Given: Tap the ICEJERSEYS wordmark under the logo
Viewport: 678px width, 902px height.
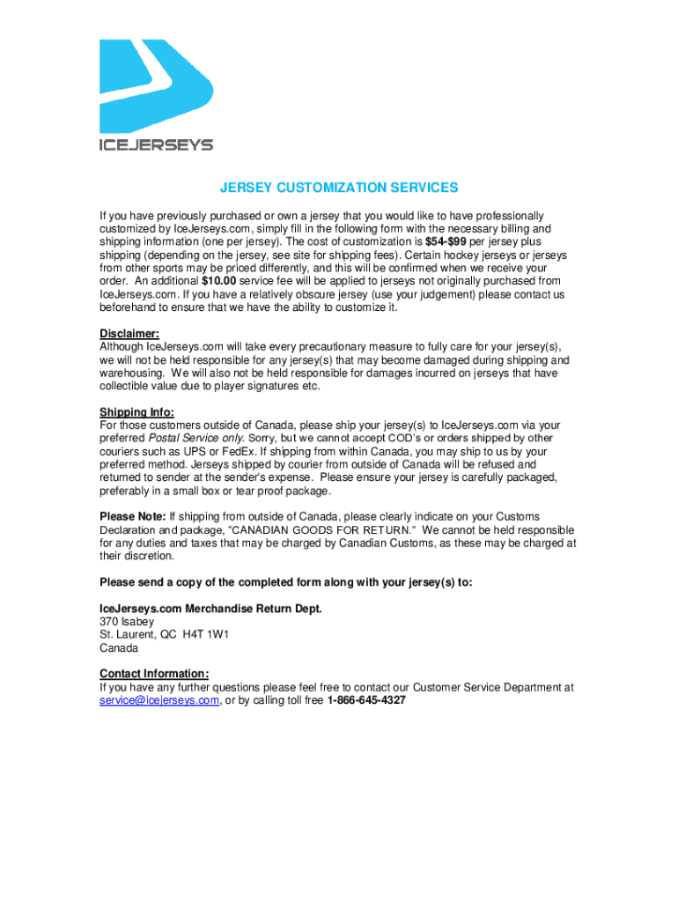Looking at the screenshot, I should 155,144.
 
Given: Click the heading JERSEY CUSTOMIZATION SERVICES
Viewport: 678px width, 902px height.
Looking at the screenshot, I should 339,188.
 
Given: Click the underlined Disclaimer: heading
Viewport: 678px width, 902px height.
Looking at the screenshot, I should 129,333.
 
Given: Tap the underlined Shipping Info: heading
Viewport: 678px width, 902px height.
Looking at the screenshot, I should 136,412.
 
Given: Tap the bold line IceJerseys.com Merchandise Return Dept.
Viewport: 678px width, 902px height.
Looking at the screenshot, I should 211,609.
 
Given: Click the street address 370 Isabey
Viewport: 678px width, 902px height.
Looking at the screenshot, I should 127,622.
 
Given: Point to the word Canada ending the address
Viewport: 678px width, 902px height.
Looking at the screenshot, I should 119,648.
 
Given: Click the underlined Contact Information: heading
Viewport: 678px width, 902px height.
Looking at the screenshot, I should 154,674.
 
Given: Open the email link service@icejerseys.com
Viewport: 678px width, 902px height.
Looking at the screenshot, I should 158,700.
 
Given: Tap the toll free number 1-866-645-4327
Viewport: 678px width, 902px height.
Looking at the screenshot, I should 366,700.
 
